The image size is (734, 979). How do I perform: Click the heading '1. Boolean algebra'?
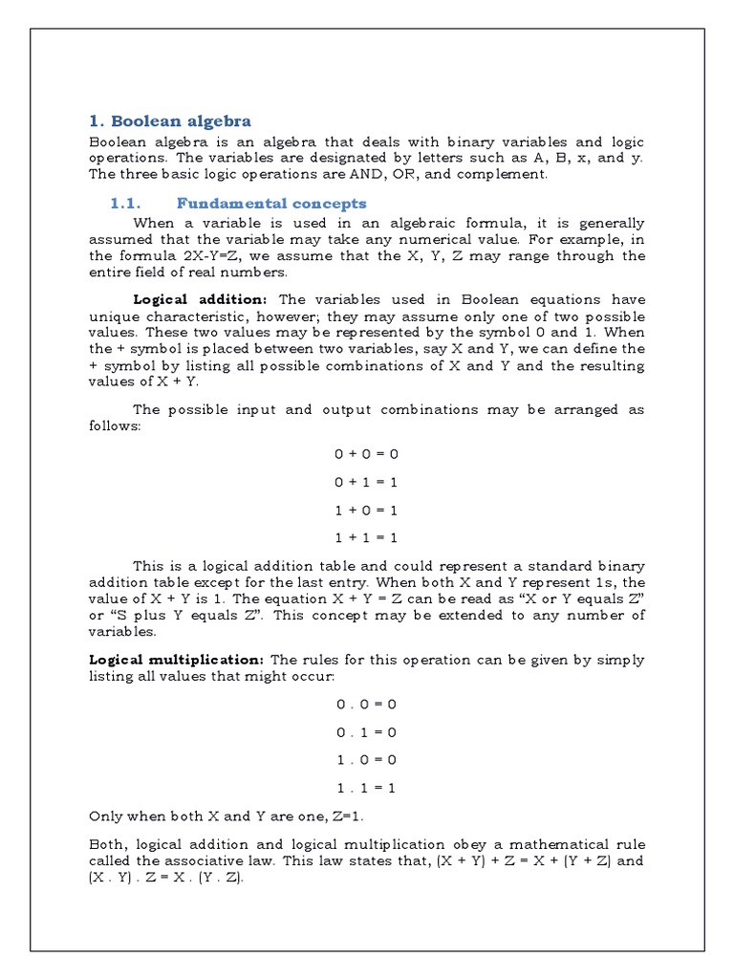click(x=169, y=120)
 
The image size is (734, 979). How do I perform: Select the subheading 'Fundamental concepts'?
click(x=271, y=203)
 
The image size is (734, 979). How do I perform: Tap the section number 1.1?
click(x=125, y=203)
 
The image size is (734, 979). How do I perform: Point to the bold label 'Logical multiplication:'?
click(x=176, y=660)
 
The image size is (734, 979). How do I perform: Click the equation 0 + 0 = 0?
click(x=366, y=454)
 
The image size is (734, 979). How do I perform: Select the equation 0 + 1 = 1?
click(x=366, y=482)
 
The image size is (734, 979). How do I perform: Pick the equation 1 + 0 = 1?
click(x=366, y=510)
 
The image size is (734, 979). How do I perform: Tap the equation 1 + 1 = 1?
click(x=366, y=537)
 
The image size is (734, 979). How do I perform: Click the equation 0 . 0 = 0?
click(x=366, y=704)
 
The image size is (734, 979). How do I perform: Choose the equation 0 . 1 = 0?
click(x=366, y=731)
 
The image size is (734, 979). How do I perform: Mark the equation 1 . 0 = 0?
click(x=366, y=759)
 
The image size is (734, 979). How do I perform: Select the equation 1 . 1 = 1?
click(x=366, y=788)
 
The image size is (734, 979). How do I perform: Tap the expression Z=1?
click(x=343, y=816)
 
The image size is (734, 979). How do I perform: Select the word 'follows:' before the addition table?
click(x=115, y=425)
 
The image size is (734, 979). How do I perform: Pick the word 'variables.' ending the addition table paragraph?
click(x=121, y=632)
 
